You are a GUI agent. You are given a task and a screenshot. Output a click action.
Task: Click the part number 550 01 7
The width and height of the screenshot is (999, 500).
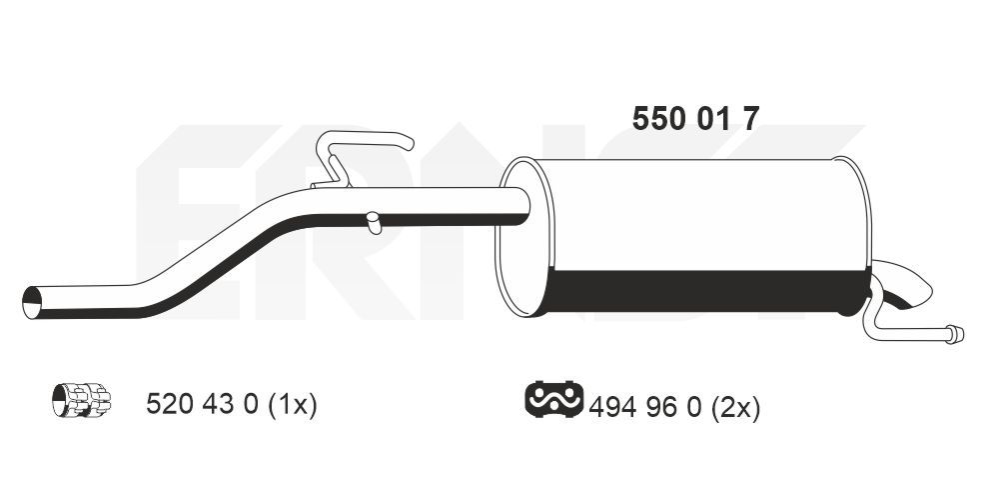696,119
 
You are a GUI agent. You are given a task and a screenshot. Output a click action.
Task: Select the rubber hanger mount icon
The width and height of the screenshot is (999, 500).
552,400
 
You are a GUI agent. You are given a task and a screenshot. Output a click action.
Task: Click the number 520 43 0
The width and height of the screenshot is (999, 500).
203,405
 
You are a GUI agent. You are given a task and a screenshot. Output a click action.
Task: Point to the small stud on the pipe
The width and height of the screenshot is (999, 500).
373,223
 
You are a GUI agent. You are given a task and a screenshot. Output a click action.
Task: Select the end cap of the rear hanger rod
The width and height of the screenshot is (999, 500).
956,335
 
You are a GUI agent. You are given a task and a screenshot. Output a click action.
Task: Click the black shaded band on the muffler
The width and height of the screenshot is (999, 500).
699,290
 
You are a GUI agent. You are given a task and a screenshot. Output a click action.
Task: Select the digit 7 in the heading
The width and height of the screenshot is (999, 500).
750,119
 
